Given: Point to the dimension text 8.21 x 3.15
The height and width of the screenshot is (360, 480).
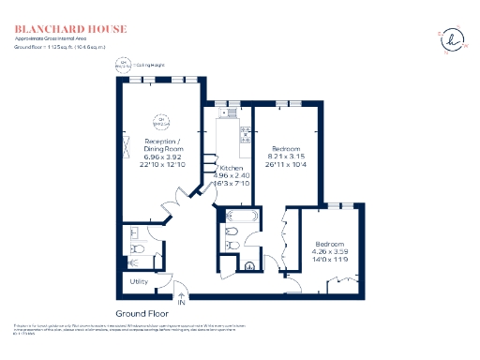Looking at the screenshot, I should coord(285,157).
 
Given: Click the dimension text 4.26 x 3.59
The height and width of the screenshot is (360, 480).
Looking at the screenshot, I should coord(330,250).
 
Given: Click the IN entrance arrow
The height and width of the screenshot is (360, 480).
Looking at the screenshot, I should coord(181,301).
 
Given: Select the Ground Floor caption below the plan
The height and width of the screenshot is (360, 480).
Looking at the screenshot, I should coord(142,312).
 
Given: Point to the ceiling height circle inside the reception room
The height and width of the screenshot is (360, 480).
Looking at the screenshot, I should coord(160,121).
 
